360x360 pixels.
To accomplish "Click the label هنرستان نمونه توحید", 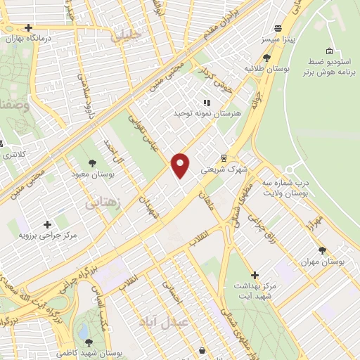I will pos(207,113).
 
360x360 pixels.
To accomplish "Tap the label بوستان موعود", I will pos(94,173).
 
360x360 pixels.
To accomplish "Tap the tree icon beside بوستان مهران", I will pos(322,250).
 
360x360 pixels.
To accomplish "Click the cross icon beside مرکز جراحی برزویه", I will pos(47,225).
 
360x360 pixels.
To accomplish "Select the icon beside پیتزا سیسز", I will pos(278,29).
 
